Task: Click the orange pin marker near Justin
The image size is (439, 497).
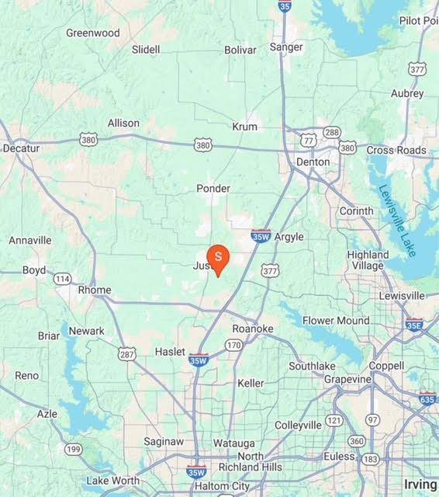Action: pyautogui.click(x=218, y=257)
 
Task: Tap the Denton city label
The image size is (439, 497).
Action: pyautogui.click(x=313, y=162)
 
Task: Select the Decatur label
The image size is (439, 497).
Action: pyautogui.click(x=21, y=148)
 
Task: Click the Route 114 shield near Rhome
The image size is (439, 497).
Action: pyautogui.click(x=63, y=278)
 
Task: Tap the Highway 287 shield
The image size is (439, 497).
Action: pyautogui.click(x=127, y=353)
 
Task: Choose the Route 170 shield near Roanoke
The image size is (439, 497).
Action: pyautogui.click(x=233, y=344)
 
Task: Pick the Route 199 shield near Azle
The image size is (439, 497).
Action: pyautogui.click(x=74, y=449)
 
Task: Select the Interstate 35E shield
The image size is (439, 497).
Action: pyautogui.click(x=415, y=325)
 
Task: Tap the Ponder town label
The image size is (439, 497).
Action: pyautogui.click(x=213, y=188)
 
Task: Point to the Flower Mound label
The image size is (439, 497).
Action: pyautogui.click(x=336, y=320)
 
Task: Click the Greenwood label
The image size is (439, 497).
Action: pyautogui.click(x=93, y=33)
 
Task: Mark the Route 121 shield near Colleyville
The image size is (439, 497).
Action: pyautogui.click(x=334, y=420)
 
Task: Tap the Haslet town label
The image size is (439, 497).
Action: pyautogui.click(x=170, y=351)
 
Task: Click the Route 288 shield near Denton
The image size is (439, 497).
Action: pyautogui.click(x=332, y=132)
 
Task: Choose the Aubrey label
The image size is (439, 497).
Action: pyautogui.click(x=407, y=93)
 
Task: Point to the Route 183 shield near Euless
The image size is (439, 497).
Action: pyautogui.click(x=370, y=460)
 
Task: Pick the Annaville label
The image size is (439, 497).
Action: pyautogui.click(x=30, y=240)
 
